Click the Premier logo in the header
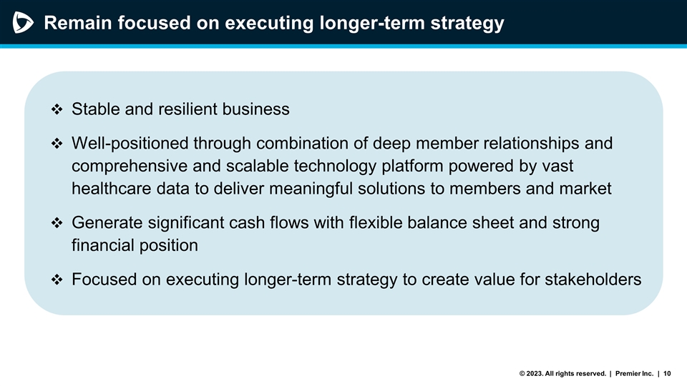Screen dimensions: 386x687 [x=22, y=23]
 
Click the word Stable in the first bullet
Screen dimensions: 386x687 [x=96, y=109]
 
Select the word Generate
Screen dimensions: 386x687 [x=107, y=223]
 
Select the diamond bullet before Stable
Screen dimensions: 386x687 [x=57, y=110]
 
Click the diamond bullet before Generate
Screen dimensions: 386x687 [x=57, y=224]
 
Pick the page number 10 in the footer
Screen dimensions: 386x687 [x=667, y=373]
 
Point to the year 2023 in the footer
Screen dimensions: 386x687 [x=533, y=373]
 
